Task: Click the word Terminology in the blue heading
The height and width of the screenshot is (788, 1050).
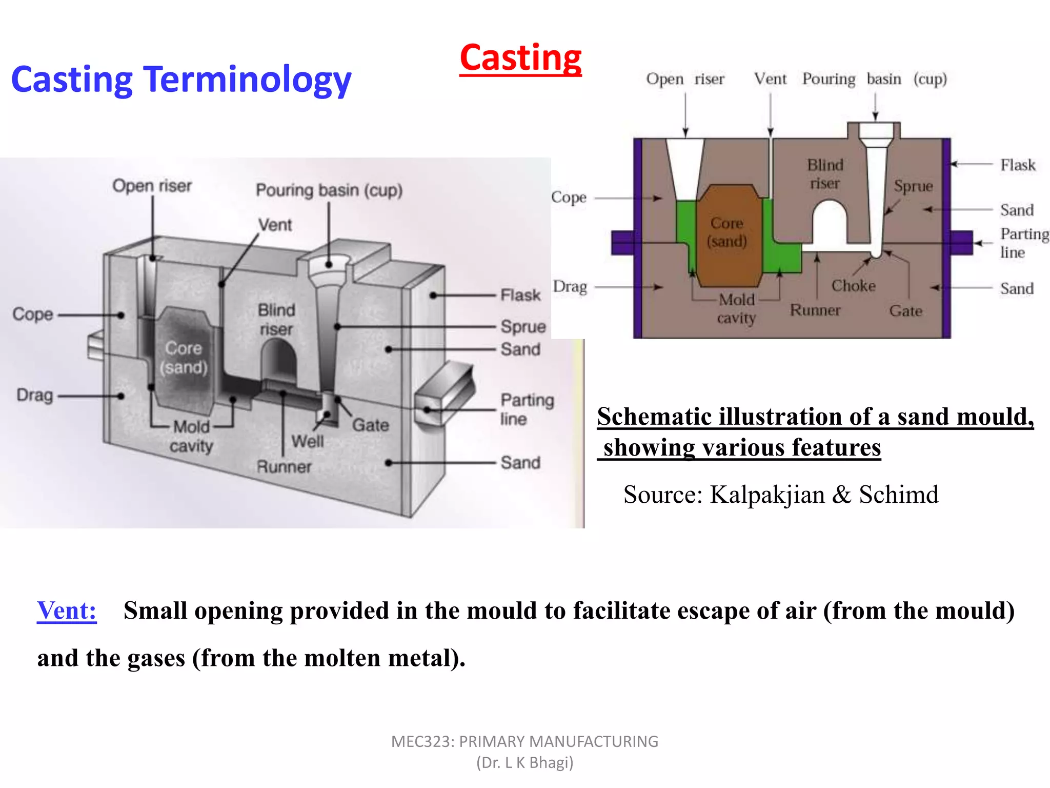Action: click(x=248, y=80)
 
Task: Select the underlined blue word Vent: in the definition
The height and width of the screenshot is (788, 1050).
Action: click(x=67, y=610)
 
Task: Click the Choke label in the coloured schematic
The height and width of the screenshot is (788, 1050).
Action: click(x=853, y=285)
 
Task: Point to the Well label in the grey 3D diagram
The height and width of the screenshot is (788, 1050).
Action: click(x=307, y=441)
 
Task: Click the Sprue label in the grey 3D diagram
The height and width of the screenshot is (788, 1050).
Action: click(x=523, y=326)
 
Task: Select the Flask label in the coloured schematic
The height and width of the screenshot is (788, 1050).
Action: click(x=1018, y=165)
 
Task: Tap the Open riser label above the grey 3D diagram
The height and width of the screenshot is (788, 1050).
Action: click(x=152, y=186)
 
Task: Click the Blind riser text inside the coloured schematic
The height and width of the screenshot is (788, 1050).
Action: click(x=825, y=174)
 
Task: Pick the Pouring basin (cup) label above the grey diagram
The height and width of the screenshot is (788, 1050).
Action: click(x=329, y=190)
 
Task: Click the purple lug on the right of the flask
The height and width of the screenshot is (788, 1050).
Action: click(x=962, y=242)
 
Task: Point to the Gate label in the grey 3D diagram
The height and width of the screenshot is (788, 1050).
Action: click(x=370, y=425)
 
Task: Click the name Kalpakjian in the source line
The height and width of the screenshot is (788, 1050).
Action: click(x=767, y=495)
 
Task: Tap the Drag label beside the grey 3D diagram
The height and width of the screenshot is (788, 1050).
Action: click(x=34, y=395)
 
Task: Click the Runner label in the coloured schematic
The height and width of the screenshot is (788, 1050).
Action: click(x=815, y=310)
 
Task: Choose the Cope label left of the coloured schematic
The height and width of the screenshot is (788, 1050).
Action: click(x=569, y=197)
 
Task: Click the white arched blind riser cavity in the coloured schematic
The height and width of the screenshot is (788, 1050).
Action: click(x=829, y=223)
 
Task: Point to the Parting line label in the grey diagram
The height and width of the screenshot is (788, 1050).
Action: click(x=527, y=409)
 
